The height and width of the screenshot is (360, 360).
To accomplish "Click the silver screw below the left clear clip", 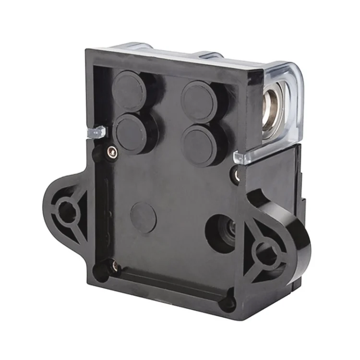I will point(112,152).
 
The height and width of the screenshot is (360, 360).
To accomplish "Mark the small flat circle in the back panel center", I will point(143,217).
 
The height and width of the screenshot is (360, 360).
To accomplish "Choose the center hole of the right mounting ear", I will point(264,250).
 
